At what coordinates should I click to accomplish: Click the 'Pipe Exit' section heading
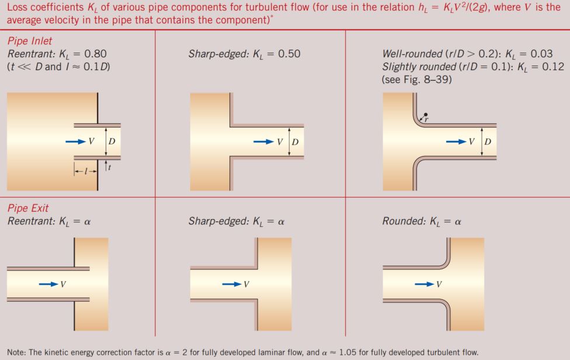tap(27, 208)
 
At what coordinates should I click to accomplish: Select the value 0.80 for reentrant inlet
tap(95, 54)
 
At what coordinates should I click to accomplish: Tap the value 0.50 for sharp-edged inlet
tap(289, 54)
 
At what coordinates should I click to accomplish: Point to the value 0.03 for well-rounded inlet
tap(541, 54)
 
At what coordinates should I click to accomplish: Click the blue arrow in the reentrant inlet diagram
tap(75, 141)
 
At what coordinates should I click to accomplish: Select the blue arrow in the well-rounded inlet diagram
tap(456, 141)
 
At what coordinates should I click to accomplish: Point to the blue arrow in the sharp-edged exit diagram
tap(232, 284)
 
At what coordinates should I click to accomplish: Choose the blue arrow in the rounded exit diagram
tap(425, 284)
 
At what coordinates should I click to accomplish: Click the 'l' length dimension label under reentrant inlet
tap(85, 172)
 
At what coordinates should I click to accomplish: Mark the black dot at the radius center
tap(426, 115)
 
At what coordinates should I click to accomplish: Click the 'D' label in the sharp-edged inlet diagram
tap(295, 142)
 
